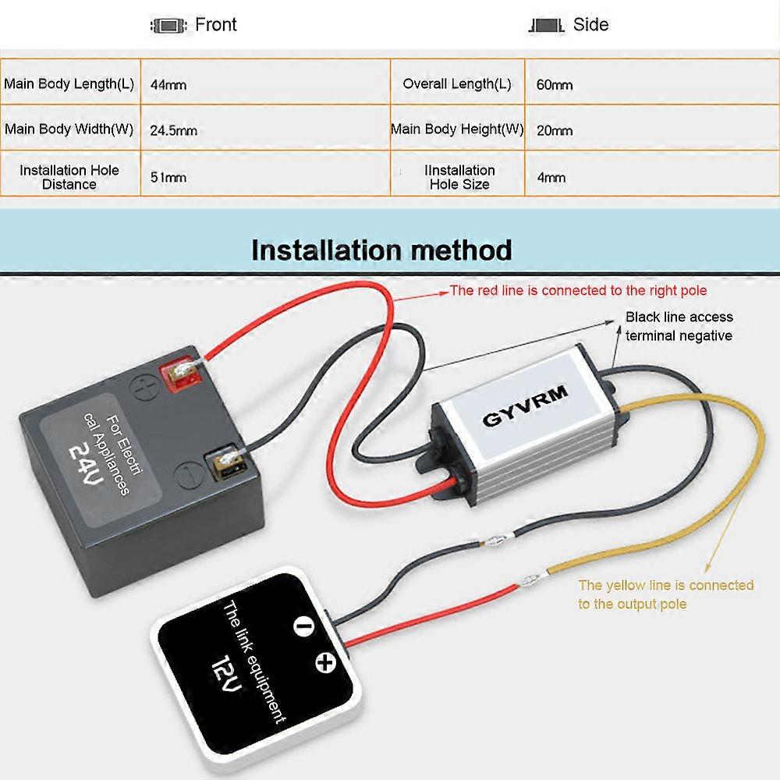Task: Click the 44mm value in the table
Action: coord(168,84)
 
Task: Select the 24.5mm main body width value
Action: coord(173,130)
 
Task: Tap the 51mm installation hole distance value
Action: coord(168,177)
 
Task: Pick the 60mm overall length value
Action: coord(554,84)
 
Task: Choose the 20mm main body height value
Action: coord(554,130)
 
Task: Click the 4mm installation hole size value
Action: coord(551,177)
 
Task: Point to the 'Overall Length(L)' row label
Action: coord(457,83)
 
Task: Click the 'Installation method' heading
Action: coord(381,250)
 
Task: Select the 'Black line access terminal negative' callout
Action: coord(679,326)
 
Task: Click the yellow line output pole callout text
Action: coord(665,594)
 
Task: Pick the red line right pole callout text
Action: coord(578,291)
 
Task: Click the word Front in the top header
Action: coord(215,24)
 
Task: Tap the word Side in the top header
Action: coord(590,24)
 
